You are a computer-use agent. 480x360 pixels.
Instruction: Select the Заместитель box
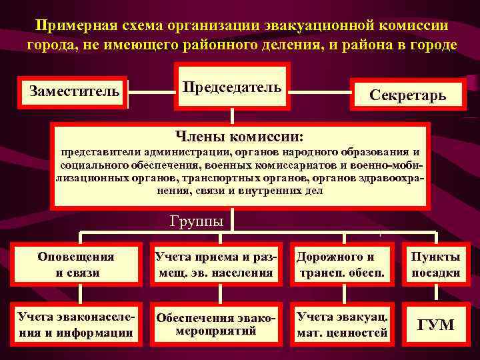[74, 91]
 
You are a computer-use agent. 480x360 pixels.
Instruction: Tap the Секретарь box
[407, 95]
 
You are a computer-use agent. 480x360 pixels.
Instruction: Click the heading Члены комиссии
[239, 137]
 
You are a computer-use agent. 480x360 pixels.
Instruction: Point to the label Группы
[197, 221]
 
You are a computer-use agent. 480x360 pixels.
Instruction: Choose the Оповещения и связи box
[76, 264]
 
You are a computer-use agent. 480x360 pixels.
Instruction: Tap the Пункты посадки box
[435, 264]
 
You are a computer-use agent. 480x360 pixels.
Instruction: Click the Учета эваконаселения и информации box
[76, 323]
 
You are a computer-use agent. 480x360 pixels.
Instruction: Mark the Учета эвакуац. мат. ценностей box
[342, 323]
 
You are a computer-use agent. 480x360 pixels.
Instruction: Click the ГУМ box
[435, 325]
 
